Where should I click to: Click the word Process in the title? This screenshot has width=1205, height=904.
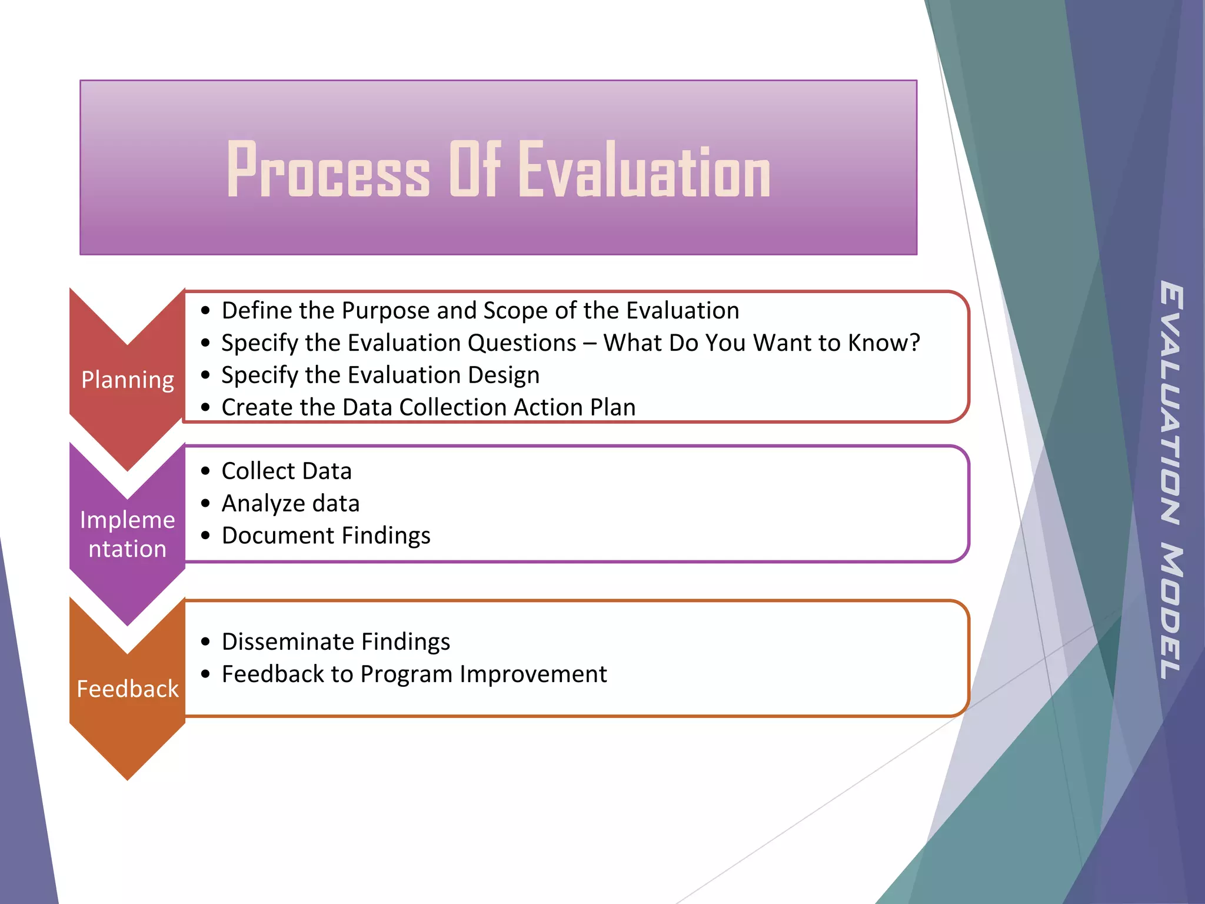(x=328, y=171)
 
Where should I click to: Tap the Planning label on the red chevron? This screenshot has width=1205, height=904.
(x=128, y=380)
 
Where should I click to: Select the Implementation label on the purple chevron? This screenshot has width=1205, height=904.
(x=128, y=534)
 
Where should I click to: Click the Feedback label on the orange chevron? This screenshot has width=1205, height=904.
(x=128, y=689)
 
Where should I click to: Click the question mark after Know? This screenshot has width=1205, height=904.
(x=914, y=343)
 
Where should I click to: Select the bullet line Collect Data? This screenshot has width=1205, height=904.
(x=287, y=471)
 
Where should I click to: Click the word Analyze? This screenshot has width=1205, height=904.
(x=264, y=504)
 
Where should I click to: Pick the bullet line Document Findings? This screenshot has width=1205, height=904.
(x=326, y=536)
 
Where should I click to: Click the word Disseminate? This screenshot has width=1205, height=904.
(x=288, y=642)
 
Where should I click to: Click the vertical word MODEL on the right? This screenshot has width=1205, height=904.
(x=1171, y=612)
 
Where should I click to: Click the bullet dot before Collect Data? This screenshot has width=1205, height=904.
(x=205, y=471)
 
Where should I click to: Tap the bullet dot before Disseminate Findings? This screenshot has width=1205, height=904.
(x=205, y=642)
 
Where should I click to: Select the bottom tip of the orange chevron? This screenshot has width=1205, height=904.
(x=128, y=778)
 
